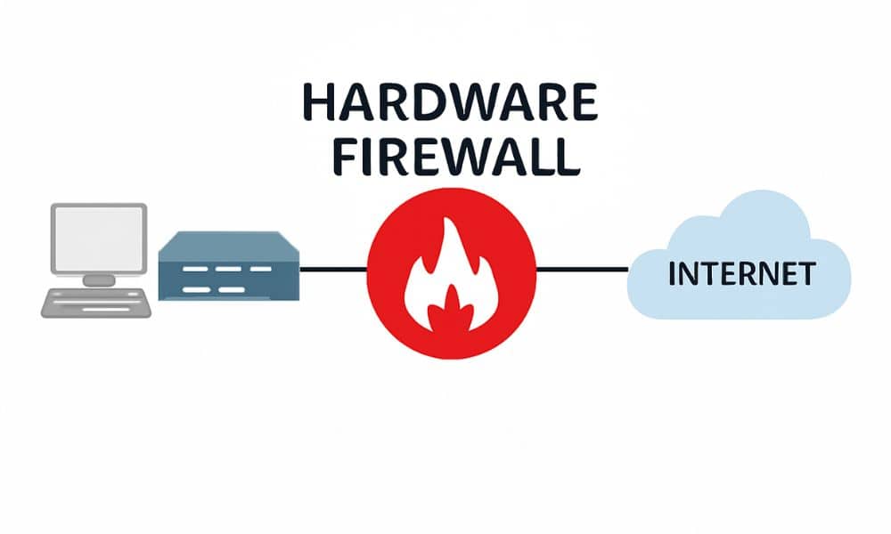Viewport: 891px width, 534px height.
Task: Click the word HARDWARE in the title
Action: point(450,102)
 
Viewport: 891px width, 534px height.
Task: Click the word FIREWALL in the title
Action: point(456,156)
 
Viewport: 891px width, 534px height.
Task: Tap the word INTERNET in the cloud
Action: point(742,274)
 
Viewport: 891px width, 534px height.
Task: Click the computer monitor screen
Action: point(99,239)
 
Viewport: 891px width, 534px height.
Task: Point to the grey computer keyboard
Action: point(96,303)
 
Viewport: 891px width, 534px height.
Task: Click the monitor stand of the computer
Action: point(99,280)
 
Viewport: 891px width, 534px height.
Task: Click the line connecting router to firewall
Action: point(333,269)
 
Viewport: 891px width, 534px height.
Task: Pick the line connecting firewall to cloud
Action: point(582,269)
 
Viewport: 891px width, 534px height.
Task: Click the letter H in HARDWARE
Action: point(319,102)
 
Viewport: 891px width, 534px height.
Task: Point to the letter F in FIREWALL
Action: point(345,157)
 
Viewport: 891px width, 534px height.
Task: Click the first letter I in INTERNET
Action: point(672,274)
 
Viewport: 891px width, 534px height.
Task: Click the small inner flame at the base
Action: point(451,310)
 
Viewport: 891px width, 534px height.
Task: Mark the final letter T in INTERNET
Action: point(806,274)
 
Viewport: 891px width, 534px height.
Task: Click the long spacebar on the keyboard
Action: point(106,310)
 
